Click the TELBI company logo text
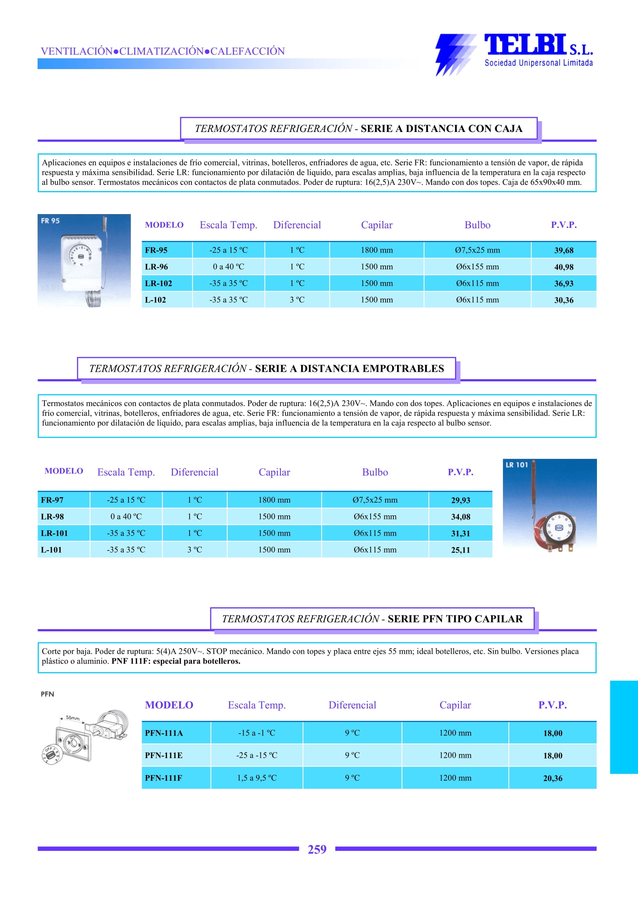(x=525, y=45)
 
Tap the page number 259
(x=317, y=849)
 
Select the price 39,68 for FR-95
(x=563, y=250)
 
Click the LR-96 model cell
(x=157, y=267)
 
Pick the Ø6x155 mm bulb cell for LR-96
(x=477, y=267)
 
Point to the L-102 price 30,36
(x=563, y=300)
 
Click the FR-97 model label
(x=52, y=500)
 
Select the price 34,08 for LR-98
(x=460, y=517)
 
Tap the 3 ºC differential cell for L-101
(x=195, y=550)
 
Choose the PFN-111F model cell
(x=163, y=778)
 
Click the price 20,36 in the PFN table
(x=552, y=778)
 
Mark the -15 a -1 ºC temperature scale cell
(x=257, y=733)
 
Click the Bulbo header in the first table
(x=477, y=225)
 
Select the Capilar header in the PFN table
(x=455, y=705)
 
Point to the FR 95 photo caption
(x=50, y=221)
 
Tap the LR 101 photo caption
(x=517, y=465)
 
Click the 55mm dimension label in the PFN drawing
(x=73, y=718)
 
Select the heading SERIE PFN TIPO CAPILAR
(x=455, y=619)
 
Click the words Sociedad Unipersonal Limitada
(x=538, y=63)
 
